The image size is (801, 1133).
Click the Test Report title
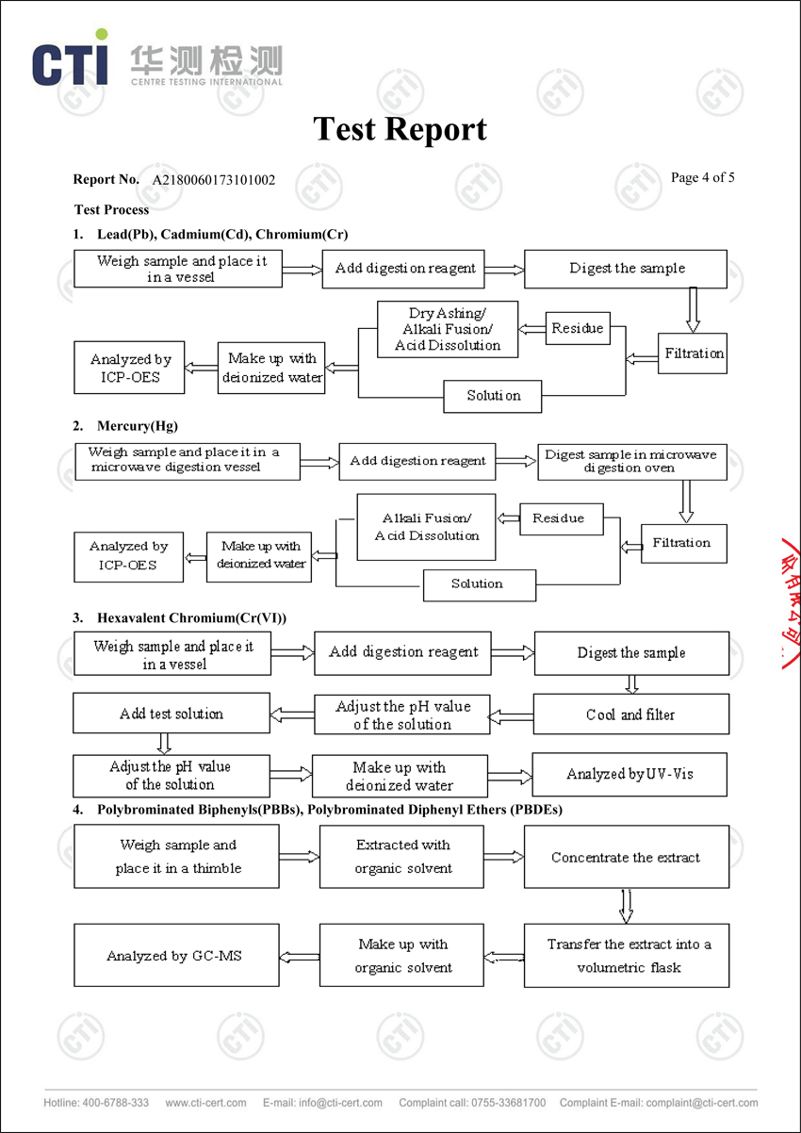(x=400, y=129)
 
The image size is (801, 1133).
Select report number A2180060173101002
(x=214, y=179)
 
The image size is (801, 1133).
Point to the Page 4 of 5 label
(x=702, y=177)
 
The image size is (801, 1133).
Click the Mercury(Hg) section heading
(x=138, y=426)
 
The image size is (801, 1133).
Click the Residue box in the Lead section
(x=578, y=328)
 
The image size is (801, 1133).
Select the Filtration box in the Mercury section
(x=683, y=543)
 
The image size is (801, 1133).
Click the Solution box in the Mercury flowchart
(x=479, y=584)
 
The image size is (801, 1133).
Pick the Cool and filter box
(x=630, y=714)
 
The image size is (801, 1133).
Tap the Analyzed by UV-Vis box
(x=629, y=774)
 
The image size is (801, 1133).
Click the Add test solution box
(x=172, y=714)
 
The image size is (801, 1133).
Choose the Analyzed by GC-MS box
(x=176, y=956)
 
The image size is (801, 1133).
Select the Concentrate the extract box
(x=626, y=857)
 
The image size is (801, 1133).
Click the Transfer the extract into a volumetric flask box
(x=626, y=956)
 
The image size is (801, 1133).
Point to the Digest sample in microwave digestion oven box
(x=630, y=461)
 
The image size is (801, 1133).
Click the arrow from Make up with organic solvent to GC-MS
(x=300, y=956)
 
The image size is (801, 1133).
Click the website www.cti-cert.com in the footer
(x=205, y=1102)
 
